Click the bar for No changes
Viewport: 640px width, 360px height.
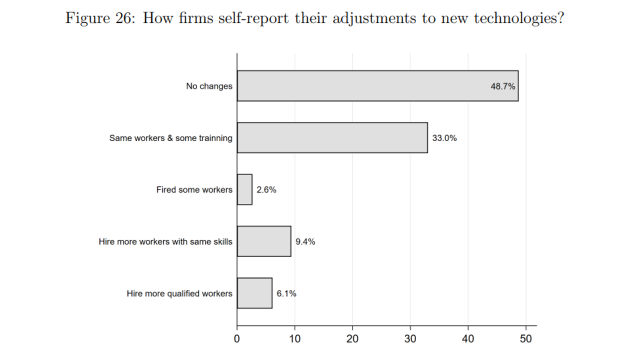(377, 86)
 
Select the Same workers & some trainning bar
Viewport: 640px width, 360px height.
(332, 137)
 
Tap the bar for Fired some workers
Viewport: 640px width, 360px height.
(244, 189)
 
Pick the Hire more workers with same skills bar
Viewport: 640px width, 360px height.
(264, 241)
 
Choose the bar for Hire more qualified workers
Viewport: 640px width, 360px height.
(254, 293)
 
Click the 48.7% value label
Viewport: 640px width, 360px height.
(502, 86)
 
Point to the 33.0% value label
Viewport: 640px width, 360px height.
(444, 138)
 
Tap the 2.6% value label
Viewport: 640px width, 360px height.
(266, 190)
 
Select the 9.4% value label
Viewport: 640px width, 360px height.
(305, 241)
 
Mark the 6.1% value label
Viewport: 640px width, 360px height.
(286, 293)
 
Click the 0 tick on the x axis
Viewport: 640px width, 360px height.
(237, 338)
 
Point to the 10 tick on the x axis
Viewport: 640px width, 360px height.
(295, 338)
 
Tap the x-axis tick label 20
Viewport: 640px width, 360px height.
(352, 338)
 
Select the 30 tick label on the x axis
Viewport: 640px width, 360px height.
(410, 338)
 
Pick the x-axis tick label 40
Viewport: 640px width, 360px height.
(468, 338)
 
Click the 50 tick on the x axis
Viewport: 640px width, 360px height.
(526, 338)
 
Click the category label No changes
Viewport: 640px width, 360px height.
(209, 86)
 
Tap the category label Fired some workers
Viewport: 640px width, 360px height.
(194, 189)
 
